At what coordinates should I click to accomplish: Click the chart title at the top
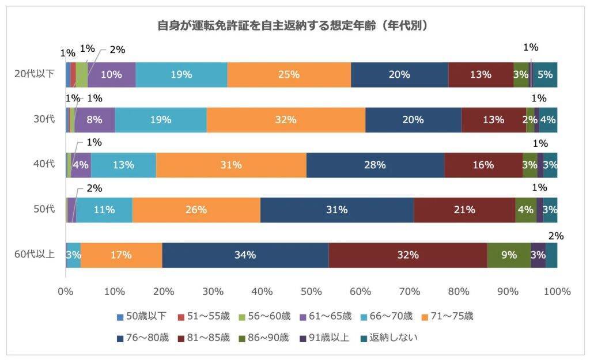(294, 26)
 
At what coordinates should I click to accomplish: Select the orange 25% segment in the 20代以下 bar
(289, 74)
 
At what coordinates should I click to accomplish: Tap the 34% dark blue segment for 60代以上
(245, 255)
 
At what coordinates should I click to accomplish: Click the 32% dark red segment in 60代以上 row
(408, 255)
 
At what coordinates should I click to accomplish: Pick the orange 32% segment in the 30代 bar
(286, 120)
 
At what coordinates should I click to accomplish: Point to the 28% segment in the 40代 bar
(375, 165)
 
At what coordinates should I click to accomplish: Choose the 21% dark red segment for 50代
(464, 210)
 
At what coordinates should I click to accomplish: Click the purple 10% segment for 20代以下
(111, 74)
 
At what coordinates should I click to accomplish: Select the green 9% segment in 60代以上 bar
(509, 255)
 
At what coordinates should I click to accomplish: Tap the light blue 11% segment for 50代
(104, 210)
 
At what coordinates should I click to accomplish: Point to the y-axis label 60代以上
(35, 255)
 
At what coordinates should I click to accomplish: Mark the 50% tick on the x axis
(311, 291)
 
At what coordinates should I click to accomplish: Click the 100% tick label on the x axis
(557, 291)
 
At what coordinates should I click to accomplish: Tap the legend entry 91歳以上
(325, 338)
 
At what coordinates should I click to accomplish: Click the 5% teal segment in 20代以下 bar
(545, 74)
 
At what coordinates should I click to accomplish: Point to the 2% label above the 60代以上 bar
(556, 236)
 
